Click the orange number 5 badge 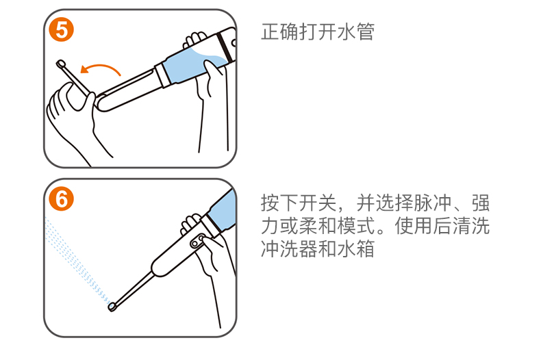point(62,29)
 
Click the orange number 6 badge point(62,199)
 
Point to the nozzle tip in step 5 point(61,64)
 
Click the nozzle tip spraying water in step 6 point(112,306)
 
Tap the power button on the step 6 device point(197,240)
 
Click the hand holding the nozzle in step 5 point(71,114)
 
